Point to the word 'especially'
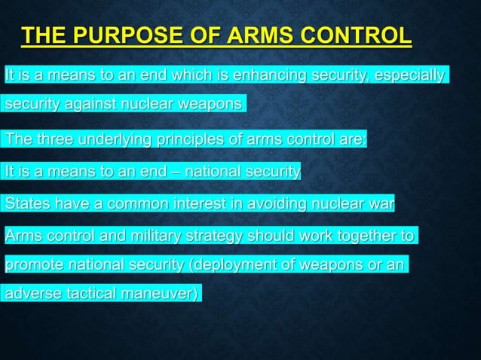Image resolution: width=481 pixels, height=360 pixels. tap(406, 75)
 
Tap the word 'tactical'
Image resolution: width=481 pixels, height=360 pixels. tap(94, 293)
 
